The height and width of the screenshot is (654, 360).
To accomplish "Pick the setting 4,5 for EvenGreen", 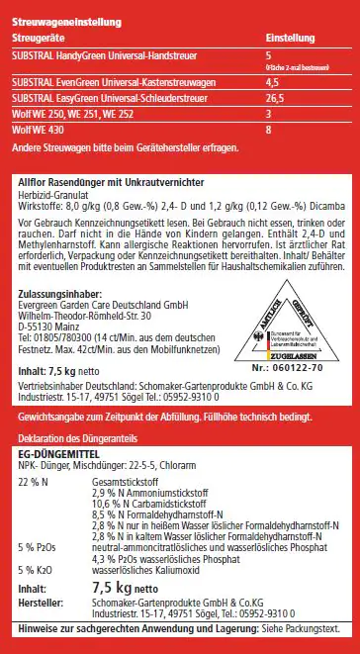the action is click(x=273, y=84).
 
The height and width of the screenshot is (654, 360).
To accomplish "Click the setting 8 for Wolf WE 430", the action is click(x=269, y=130).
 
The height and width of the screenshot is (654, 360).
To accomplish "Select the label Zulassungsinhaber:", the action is click(x=60, y=297).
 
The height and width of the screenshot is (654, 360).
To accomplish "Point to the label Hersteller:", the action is click(x=43, y=601).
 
